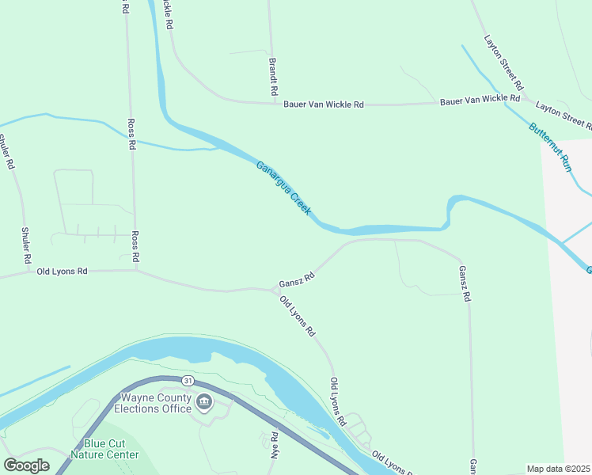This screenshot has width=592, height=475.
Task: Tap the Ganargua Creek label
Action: click(x=283, y=189)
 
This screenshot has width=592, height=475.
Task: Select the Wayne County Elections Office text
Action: click(x=153, y=403)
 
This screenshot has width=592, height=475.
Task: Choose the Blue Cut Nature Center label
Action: click(x=104, y=449)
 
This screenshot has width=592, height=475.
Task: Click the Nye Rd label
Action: click(x=275, y=446)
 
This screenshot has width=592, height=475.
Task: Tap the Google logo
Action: click(x=26, y=465)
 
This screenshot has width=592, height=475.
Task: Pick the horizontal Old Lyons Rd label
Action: click(x=62, y=272)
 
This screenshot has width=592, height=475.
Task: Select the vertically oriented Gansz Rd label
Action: click(x=465, y=283)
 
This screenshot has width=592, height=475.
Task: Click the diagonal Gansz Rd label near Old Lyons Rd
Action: click(x=297, y=279)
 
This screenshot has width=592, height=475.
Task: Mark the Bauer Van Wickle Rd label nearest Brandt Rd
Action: click(x=323, y=104)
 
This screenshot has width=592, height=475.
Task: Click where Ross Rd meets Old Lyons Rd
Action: click(x=136, y=270)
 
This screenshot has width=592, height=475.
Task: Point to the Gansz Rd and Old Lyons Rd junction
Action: click(x=274, y=290)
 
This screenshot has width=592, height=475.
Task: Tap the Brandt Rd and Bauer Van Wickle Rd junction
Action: click(x=274, y=102)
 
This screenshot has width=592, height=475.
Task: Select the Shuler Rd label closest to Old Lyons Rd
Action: click(x=26, y=245)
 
